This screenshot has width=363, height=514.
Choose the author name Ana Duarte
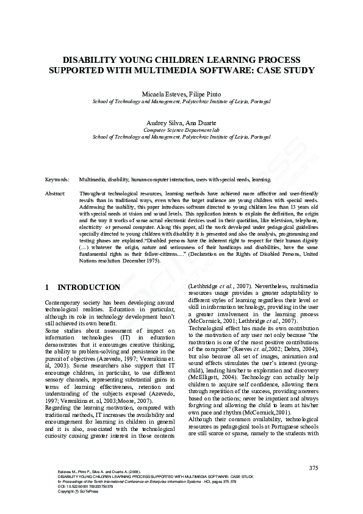tap(199, 123)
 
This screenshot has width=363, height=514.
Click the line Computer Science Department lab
tap(181, 131)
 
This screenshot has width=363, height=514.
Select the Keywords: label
tap(57, 180)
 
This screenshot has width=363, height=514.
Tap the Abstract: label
tap(56, 193)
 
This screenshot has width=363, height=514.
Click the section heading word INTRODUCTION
tap(88, 287)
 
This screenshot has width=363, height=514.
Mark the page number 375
tap(314, 468)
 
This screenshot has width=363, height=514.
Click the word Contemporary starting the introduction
tap(64, 303)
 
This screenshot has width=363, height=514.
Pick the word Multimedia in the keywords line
tap(93, 180)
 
